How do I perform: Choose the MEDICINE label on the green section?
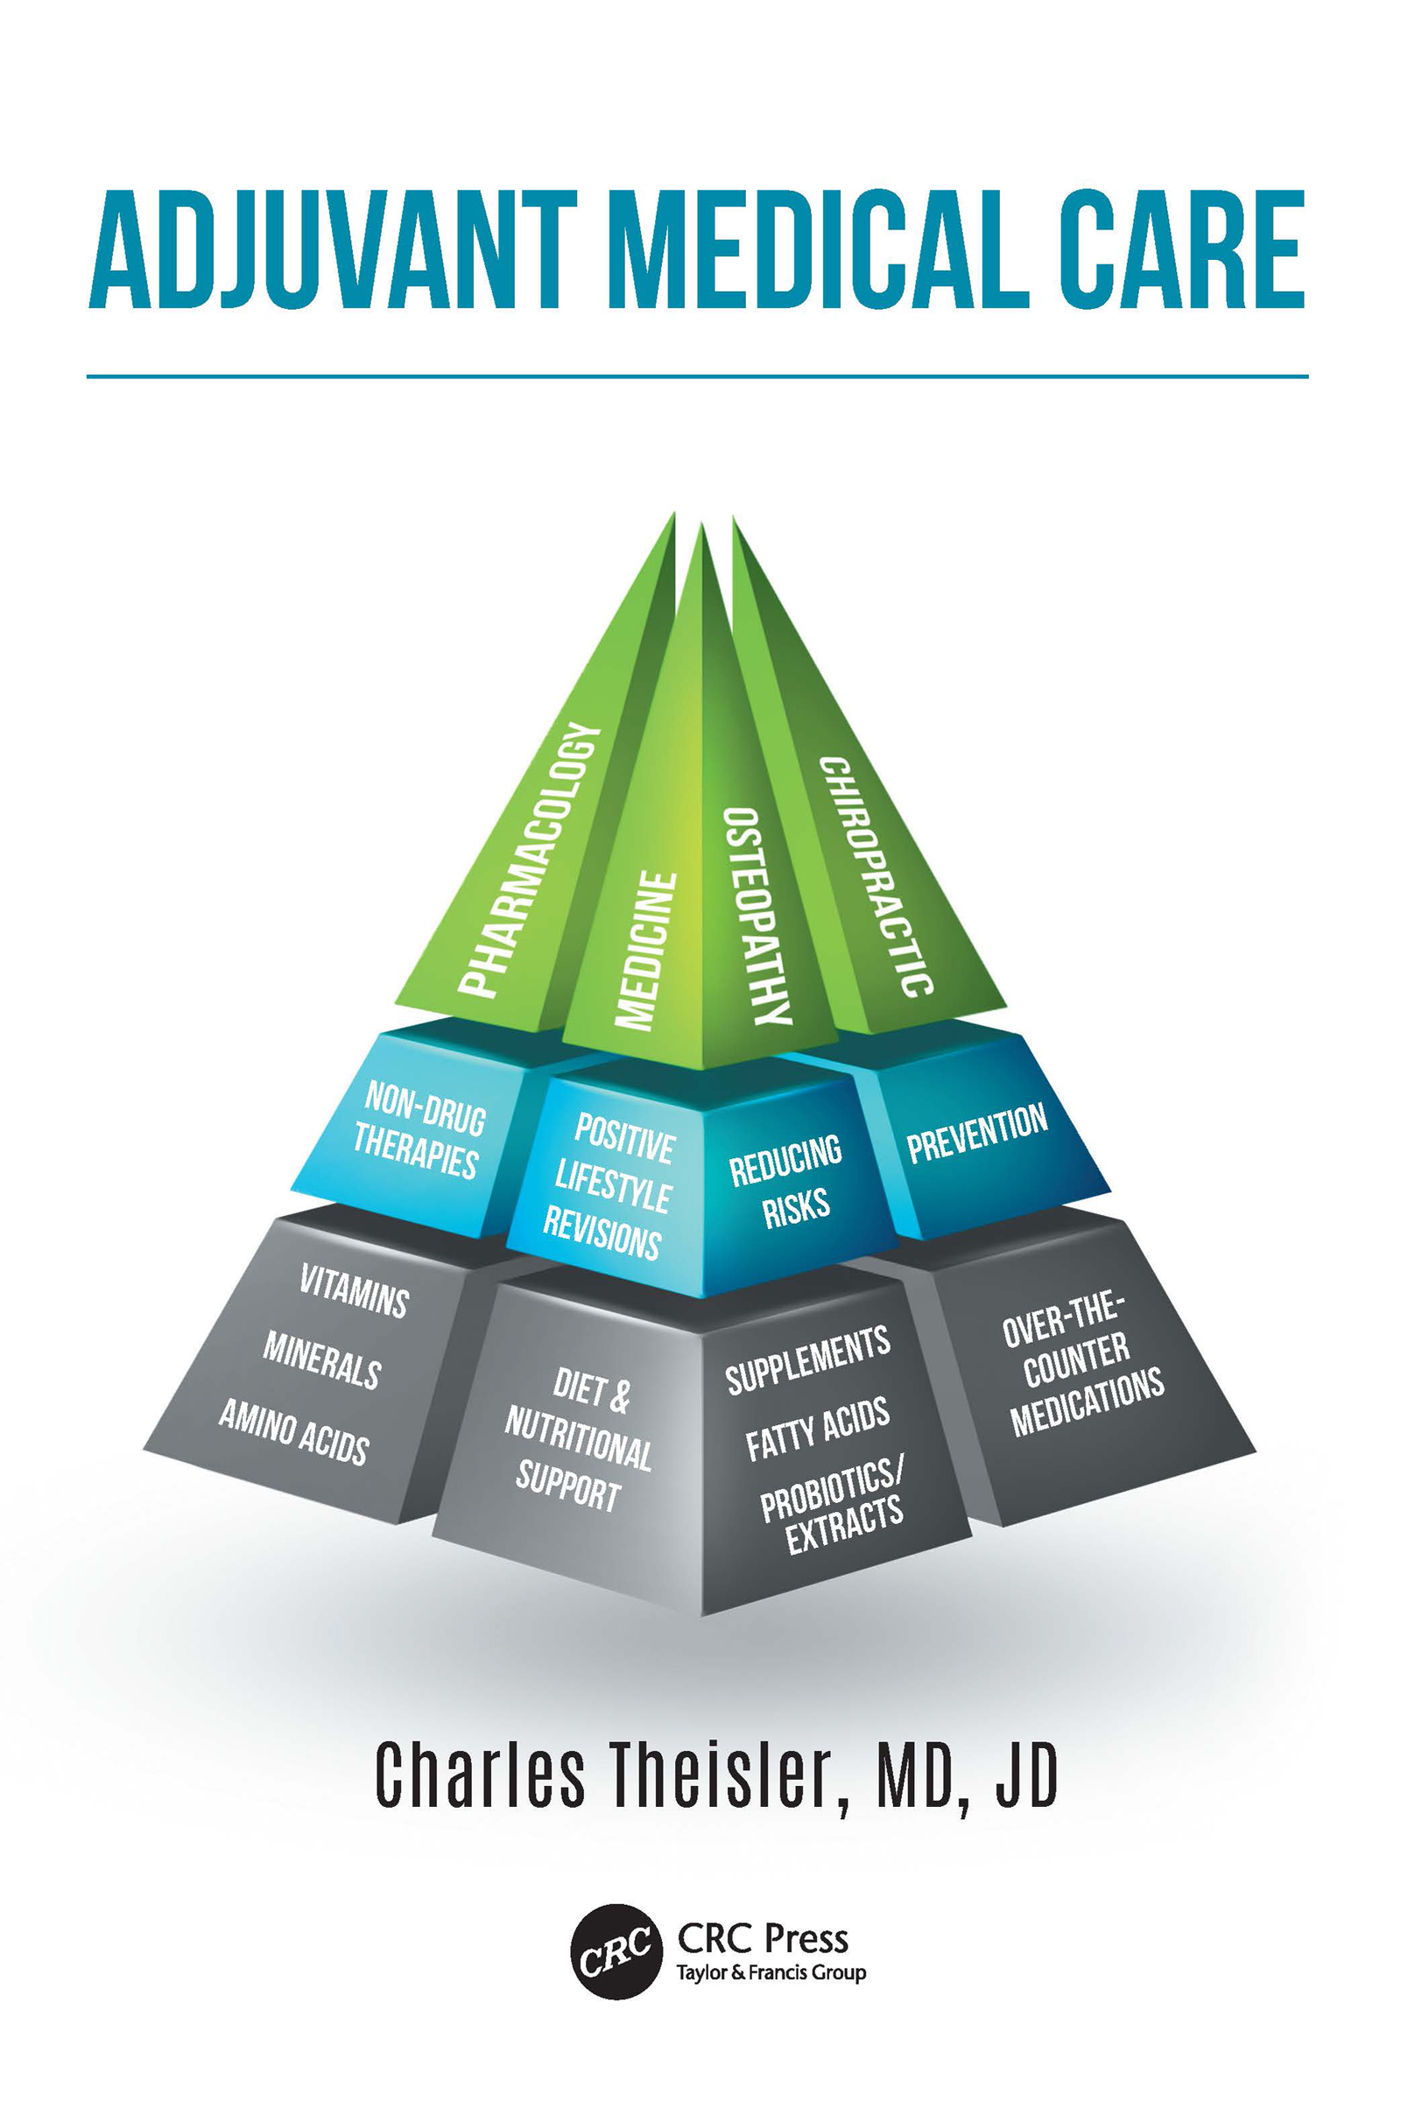[645, 952]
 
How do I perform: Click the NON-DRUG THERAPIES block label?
[419, 1130]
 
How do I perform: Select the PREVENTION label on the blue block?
[977, 1134]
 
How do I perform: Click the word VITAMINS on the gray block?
[354, 1290]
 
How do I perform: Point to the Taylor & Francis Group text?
[771, 1972]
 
